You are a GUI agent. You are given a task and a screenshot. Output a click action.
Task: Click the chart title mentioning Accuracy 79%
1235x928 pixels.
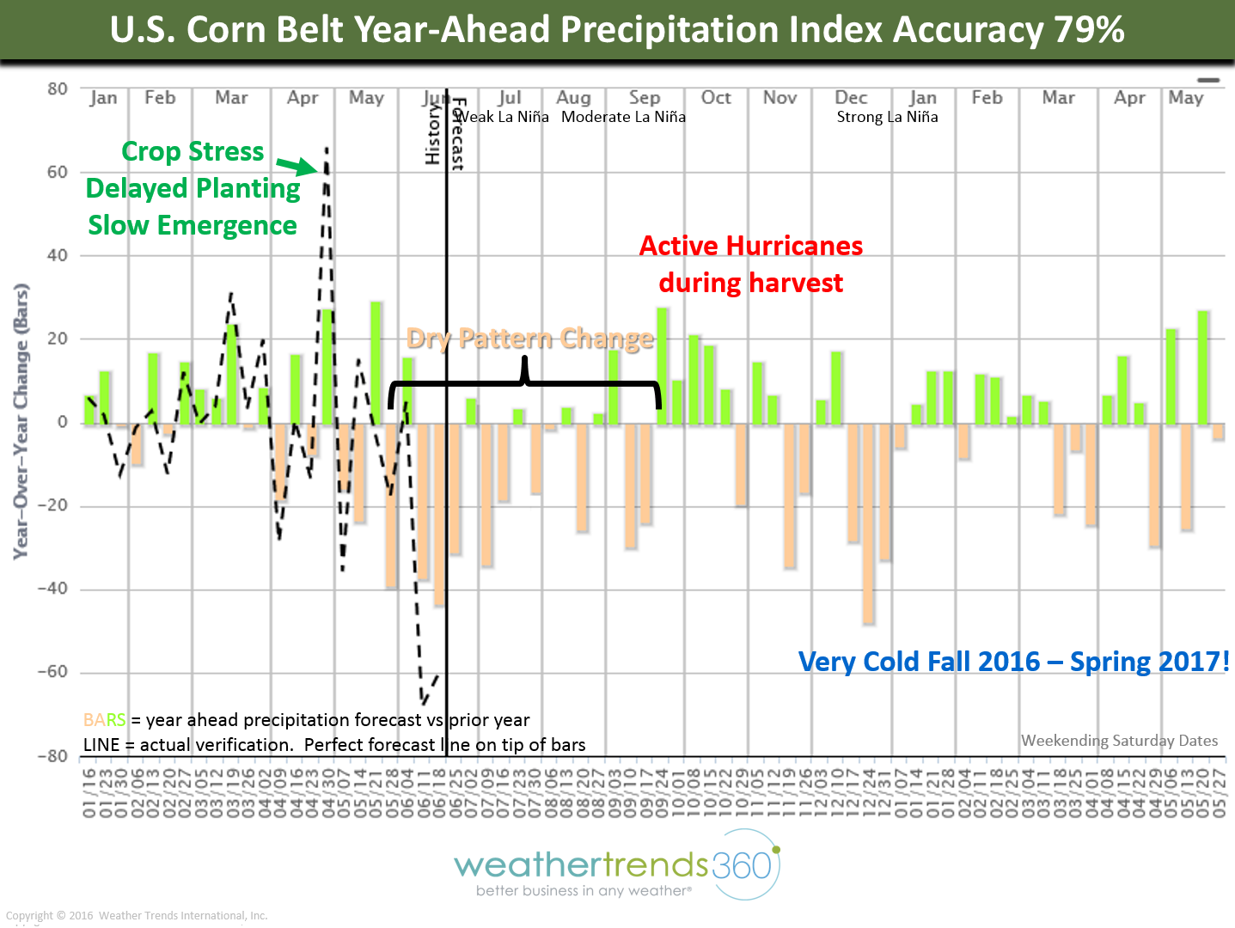[x=617, y=30]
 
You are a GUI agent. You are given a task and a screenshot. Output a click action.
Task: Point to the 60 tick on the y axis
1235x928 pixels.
[x=57, y=172]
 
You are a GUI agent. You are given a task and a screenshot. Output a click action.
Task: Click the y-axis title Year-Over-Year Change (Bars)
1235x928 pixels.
[x=21, y=421]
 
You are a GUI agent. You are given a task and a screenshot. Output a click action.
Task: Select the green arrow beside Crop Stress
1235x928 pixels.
[x=297, y=165]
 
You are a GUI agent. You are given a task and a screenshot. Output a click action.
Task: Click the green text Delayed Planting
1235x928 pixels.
[x=193, y=188]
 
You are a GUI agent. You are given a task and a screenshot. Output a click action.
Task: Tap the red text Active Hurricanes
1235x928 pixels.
[x=750, y=246]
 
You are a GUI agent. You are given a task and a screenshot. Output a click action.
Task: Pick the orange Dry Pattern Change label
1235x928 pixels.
[x=529, y=339]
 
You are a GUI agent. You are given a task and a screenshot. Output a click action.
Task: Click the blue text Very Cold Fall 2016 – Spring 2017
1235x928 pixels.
[x=1013, y=662]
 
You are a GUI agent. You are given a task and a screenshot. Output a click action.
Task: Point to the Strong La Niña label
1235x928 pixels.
[x=887, y=117]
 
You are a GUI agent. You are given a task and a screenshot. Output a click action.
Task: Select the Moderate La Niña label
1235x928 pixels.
[x=623, y=117]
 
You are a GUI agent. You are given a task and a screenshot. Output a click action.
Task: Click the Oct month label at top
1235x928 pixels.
[x=716, y=98]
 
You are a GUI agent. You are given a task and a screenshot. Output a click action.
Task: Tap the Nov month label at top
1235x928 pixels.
[x=780, y=98]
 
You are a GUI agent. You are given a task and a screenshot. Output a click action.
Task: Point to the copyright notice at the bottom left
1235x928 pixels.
[x=137, y=915]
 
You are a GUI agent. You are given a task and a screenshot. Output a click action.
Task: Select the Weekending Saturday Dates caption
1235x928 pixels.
[x=1119, y=741]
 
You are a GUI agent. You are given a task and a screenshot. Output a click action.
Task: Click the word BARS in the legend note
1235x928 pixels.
[x=104, y=720]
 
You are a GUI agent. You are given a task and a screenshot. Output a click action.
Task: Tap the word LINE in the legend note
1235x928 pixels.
[x=101, y=745]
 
